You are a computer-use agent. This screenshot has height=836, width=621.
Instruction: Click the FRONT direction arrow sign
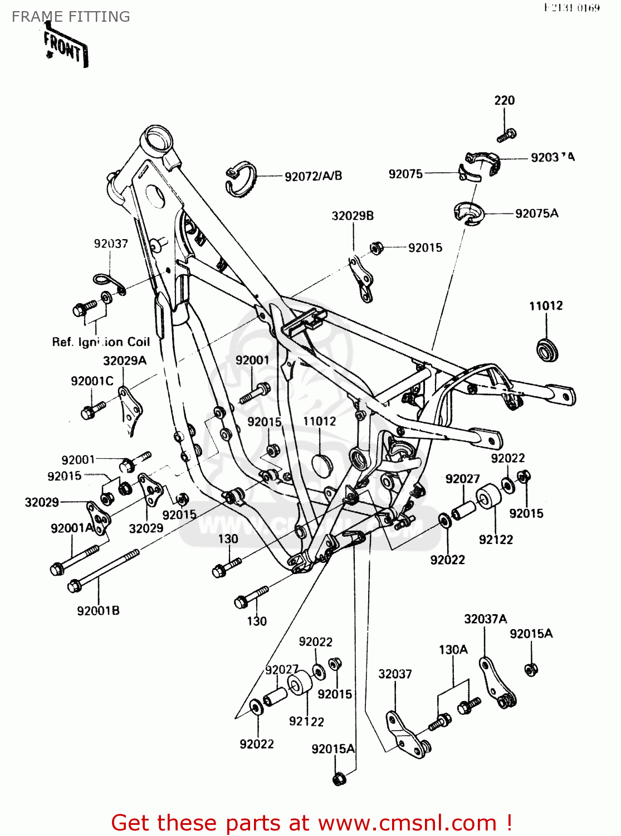click(66, 48)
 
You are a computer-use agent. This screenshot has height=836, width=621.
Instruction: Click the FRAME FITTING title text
click(71, 17)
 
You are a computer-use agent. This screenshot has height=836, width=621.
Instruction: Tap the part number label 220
click(504, 100)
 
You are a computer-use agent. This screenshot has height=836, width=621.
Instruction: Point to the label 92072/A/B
click(313, 176)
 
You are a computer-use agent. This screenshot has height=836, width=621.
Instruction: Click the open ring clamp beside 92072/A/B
click(241, 179)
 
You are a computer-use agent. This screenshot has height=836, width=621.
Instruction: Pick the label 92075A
click(536, 213)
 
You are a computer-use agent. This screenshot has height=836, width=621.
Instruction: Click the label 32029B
click(353, 216)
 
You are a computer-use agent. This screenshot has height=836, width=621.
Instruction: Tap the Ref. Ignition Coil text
click(101, 342)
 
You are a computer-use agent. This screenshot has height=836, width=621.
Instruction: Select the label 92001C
click(92, 381)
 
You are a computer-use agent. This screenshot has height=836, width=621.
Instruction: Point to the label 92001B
click(98, 611)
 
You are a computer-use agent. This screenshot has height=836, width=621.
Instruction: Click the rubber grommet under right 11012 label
click(547, 350)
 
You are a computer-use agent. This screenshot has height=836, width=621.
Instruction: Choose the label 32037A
click(485, 619)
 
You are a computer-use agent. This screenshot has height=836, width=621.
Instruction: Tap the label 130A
click(453, 650)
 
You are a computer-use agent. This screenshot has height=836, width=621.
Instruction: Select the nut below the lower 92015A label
click(339, 779)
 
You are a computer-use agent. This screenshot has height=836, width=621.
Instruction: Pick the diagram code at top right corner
click(571, 8)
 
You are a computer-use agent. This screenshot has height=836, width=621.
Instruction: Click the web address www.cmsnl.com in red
click(407, 823)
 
